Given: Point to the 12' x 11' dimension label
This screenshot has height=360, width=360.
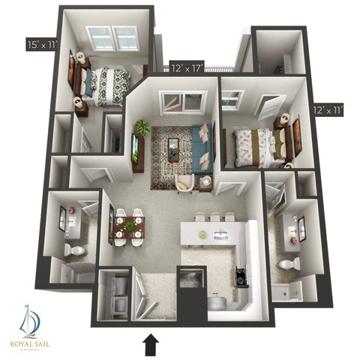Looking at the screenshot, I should coord(328,109).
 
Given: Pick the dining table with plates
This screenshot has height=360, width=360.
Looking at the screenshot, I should coord(128,226).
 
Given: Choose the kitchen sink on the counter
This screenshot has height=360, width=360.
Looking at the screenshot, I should coord(220,236).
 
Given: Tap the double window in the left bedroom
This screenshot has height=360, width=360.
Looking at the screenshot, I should coord(112,37).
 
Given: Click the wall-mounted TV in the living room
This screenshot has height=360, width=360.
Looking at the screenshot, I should coord(134,147).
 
